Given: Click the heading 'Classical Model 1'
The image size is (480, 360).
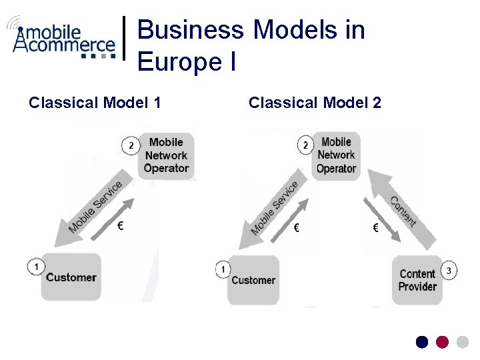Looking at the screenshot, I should (95, 103).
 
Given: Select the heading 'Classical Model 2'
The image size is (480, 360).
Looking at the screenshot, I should (315, 103).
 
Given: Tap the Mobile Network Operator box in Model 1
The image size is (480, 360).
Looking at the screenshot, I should (166, 155).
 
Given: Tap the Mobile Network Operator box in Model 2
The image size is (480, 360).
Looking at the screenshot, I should (336, 155).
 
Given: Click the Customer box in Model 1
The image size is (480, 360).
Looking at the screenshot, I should (71, 277).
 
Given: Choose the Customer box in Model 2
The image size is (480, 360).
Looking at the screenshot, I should (253, 280).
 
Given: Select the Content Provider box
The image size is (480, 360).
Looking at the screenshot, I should (417, 280).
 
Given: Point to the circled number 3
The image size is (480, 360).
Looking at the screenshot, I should (449, 271).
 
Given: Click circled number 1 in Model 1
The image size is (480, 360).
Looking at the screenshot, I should (36, 267).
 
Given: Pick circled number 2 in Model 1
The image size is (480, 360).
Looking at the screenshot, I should (131, 145).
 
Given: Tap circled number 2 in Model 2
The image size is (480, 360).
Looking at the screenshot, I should (305, 145).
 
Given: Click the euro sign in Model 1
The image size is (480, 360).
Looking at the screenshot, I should (120, 226).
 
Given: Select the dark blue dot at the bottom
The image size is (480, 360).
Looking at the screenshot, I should (422, 342).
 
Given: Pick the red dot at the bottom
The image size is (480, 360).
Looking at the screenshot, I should (442, 342).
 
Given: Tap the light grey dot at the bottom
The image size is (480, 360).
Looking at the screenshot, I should (462, 342).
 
